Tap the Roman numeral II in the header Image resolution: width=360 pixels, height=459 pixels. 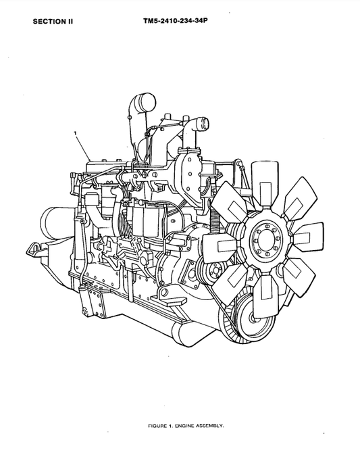69,21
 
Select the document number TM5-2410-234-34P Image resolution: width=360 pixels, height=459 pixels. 174,21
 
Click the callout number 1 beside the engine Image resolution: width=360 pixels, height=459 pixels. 76,134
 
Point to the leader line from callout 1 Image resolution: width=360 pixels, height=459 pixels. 84,146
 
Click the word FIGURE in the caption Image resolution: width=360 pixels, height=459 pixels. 158,427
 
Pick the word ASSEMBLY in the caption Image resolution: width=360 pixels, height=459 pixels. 211,427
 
